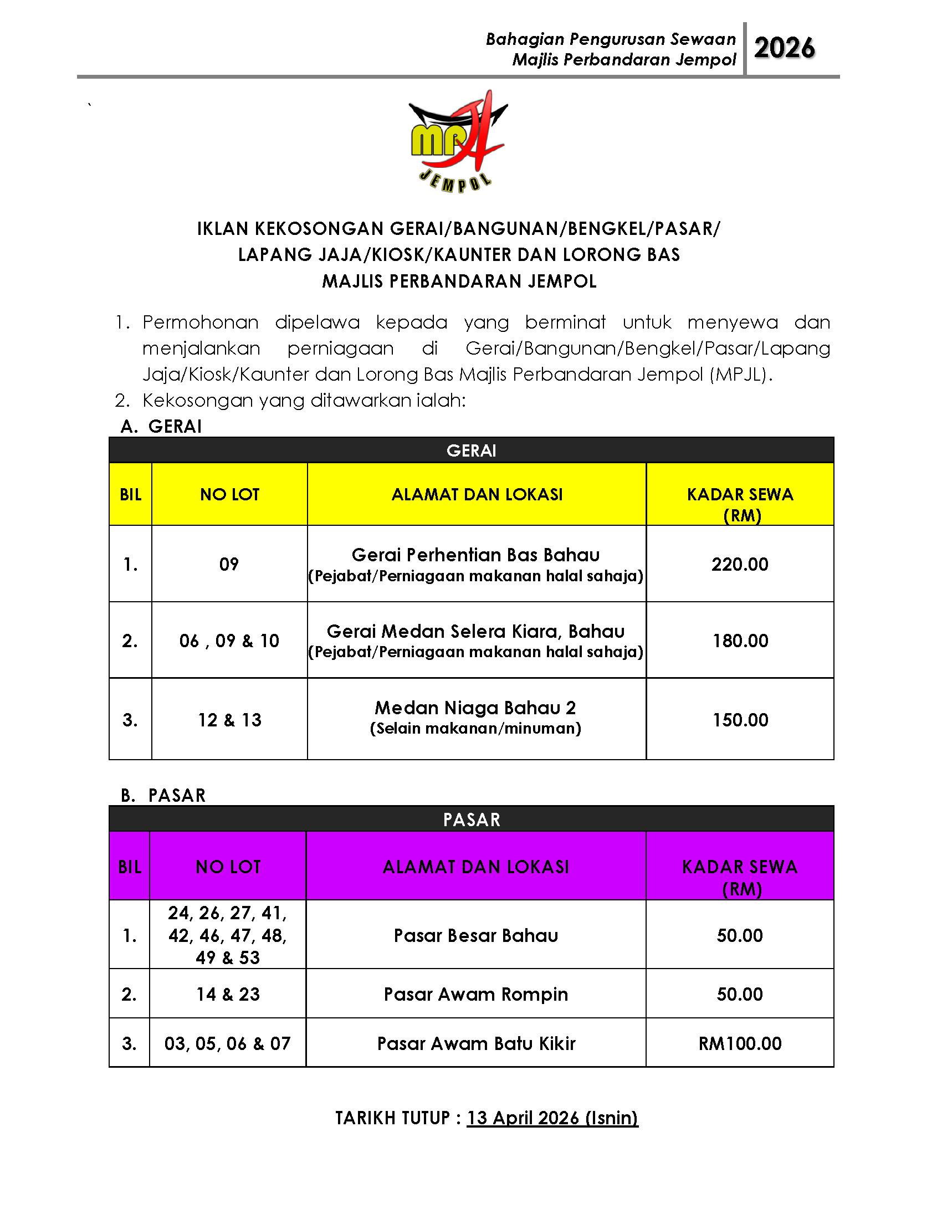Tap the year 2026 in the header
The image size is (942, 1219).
[x=784, y=49]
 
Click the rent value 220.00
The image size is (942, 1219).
[x=739, y=564]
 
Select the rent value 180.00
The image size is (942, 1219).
[x=740, y=641]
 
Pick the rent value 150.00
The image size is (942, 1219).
[x=740, y=720]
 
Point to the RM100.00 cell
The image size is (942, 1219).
[x=740, y=1043]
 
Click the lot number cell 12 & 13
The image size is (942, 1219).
[x=229, y=720]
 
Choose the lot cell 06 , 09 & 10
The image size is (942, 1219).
[x=229, y=641]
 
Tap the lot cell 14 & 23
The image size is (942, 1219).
[x=228, y=994]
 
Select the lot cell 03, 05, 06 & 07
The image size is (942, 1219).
[x=228, y=1043]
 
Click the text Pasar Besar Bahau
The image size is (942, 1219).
[x=475, y=935]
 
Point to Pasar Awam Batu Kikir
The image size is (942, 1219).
[x=475, y=1043]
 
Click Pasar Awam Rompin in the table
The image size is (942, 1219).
[x=475, y=994]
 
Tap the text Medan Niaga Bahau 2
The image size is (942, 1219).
[x=475, y=708]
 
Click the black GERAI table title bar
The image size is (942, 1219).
[x=471, y=450]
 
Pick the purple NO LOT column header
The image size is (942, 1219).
[x=228, y=866]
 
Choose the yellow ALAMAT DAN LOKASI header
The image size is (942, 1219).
[x=477, y=494]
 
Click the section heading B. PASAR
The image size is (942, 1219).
[x=163, y=795]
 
